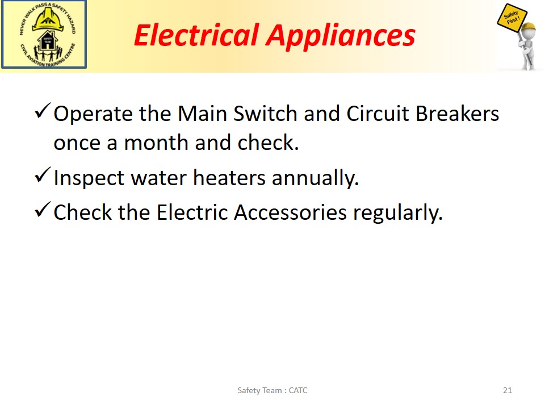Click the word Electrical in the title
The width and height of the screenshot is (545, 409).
(x=197, y=35)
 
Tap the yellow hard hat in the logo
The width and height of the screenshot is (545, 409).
(x=48, y=19)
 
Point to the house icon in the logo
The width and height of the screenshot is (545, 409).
(x=47, y=40)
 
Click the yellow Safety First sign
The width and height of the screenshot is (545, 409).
(x=512, y=19)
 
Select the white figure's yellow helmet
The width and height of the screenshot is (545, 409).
(x=528, y=27)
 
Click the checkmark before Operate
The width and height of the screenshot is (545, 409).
(x=43, y=111)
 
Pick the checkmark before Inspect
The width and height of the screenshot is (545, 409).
(x=43, y=176)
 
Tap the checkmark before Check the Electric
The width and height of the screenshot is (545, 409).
(x=43, y=210)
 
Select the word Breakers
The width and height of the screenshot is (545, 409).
(x=458, y=114)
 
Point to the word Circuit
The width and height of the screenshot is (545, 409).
(x=378, y=114)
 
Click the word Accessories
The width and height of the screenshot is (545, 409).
(x=290, y=212)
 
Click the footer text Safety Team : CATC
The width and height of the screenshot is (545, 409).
(x=272, y=390)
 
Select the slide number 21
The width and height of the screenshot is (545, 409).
(x=508, y=390)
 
